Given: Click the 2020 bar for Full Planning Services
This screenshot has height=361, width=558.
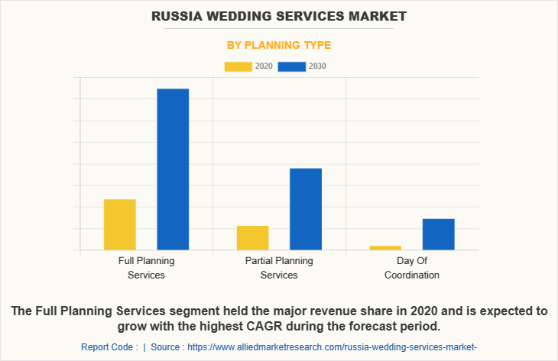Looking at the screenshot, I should point(120,224).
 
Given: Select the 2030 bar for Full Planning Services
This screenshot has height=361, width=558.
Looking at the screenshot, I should point(173,169).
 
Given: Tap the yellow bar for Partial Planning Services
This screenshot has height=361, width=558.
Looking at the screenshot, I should point(252,237).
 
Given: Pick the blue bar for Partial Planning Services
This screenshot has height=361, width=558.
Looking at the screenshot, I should point(306,208).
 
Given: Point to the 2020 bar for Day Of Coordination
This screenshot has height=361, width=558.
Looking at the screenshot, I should point(385,247).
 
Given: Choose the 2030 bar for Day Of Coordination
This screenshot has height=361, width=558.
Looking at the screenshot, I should point(438,234).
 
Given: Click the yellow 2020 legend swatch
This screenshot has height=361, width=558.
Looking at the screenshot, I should point(238,66).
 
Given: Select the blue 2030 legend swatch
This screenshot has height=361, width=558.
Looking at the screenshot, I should point(291,66).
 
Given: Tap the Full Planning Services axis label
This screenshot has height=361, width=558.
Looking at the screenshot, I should point(146,267).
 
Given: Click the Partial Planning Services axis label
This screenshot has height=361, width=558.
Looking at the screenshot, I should point(279,267).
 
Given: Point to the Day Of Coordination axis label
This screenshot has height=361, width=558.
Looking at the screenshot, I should point(412,267).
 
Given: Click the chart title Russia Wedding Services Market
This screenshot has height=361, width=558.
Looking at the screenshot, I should point(279,15).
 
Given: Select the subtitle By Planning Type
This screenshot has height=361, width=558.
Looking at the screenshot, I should point(279,45).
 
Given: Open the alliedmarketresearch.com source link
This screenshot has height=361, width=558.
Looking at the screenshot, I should point(332,347).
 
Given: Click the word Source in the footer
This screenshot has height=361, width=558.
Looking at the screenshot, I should point(166,347).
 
